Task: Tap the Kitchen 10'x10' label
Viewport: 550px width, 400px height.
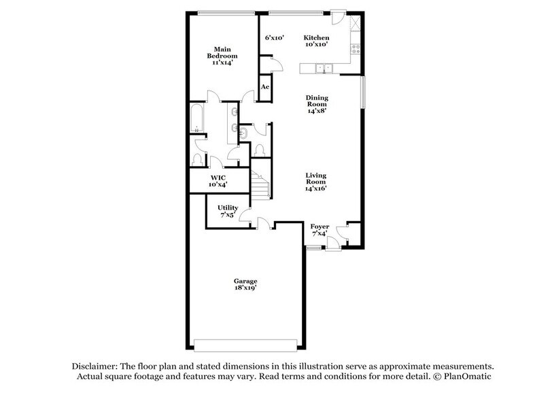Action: click(316, 41)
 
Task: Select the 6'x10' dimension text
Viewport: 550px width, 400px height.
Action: click(275, 38)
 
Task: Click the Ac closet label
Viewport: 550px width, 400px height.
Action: click(265, 87)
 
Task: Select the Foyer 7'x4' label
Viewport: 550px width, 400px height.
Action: click(319, 229)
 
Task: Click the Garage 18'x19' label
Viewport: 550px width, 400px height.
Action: click(247, 284)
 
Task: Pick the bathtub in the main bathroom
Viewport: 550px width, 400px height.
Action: click(196, 120)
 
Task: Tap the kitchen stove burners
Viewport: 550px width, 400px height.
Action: click(354, 48)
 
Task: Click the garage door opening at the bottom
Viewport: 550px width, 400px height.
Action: click(246, 343)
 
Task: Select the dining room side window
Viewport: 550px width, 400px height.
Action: click(363, 91)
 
